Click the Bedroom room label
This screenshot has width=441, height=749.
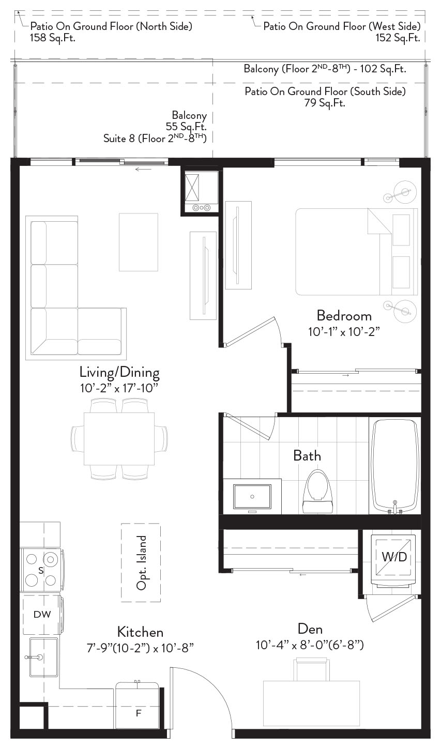pyautogui.click(x=344, y=316)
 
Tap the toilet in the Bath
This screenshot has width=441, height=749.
pyautogui.click(x=317, y=491)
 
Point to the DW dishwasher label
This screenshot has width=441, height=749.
pyautogui.click(x=42, y=614)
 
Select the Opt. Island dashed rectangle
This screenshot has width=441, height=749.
pyautogui.click(x=141, y=563)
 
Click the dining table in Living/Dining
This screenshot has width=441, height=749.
pyautogui.click(x=119, y=439)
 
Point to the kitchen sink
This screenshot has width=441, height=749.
pyautogui.click(x=43, y=657)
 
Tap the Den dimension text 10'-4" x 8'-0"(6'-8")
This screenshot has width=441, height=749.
pyautogui.click(x=310, y=645)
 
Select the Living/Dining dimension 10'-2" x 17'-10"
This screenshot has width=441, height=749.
pyautogui.click(x=119, y=388)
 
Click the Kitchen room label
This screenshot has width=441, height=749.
pyautogui.click(x=141, y=632)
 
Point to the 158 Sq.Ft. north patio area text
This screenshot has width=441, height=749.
pyautogui.click(x=53, y=37)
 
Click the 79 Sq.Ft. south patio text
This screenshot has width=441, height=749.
pyautogui.click(x=325, y=103)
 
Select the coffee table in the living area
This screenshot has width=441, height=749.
pyautogui.click(x=139, y=242)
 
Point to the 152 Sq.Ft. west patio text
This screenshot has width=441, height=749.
pyautogui.click(x=398, y=37)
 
